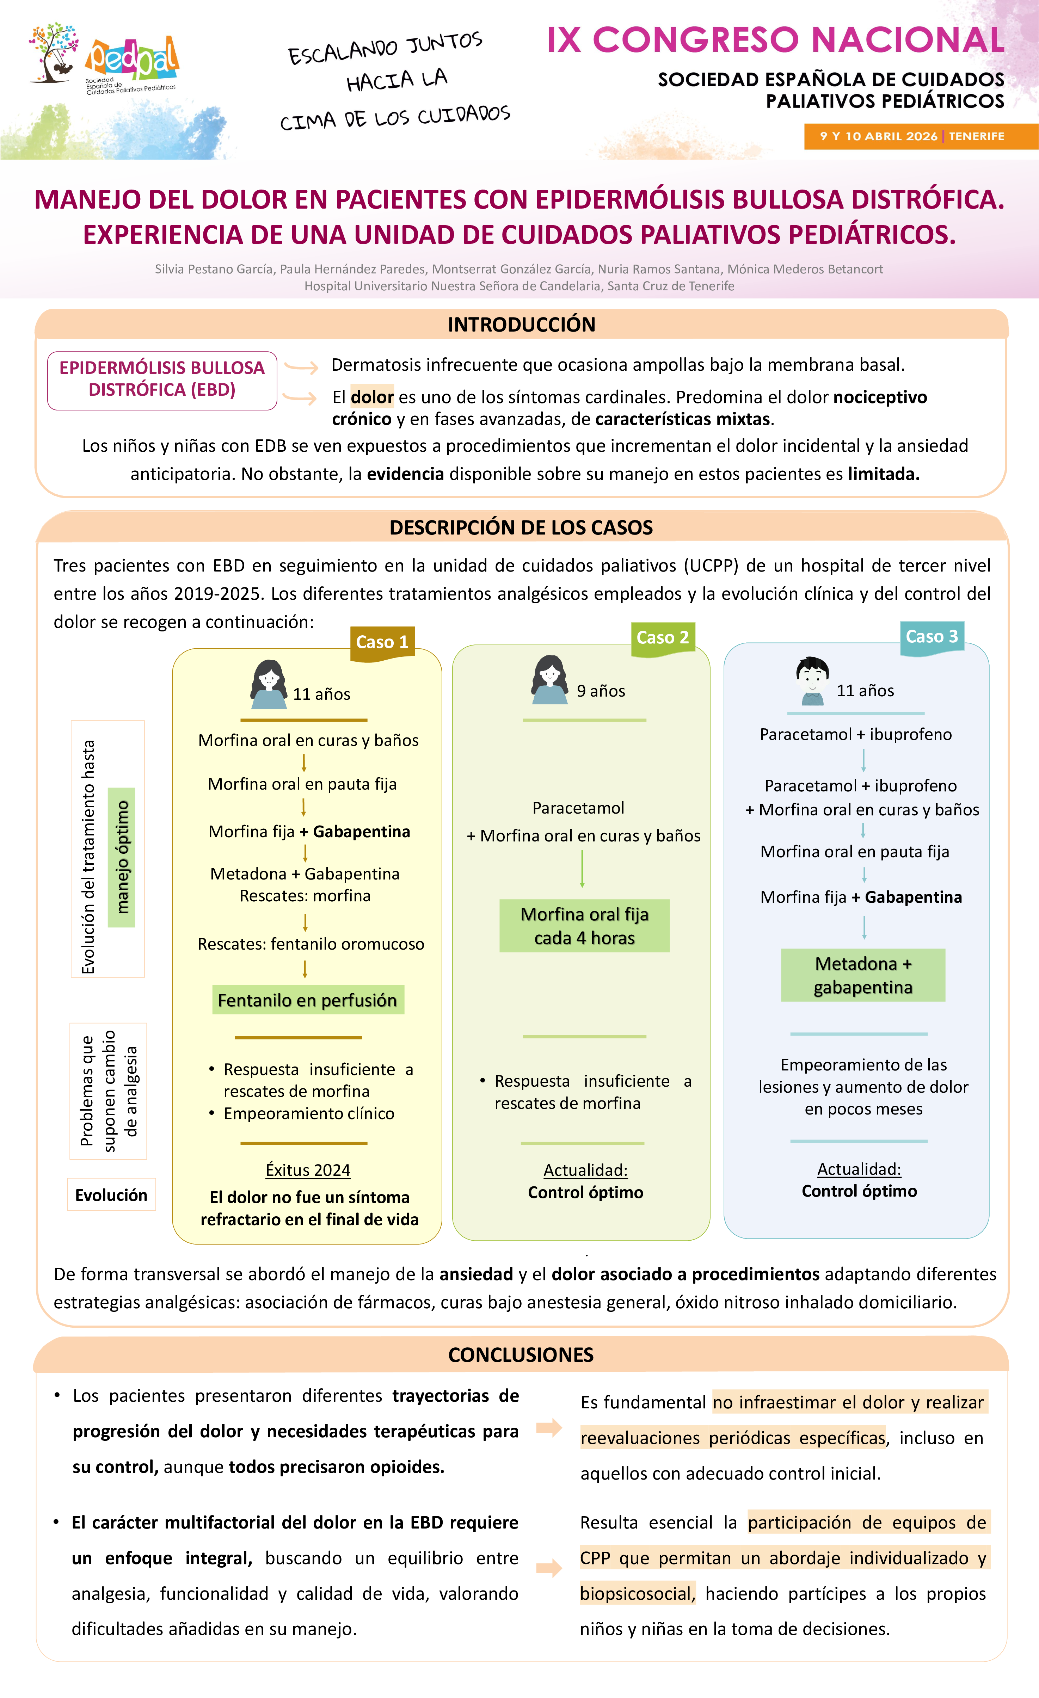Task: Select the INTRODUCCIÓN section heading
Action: click(521, 325)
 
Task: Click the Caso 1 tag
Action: click(382, 642)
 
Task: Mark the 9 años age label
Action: click(601, 691)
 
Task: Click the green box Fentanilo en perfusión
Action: click(307, 1000)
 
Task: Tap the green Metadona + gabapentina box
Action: click(862, 975)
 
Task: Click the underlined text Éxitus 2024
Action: click(307, 1170)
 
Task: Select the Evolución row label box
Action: click(111, 1195)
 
